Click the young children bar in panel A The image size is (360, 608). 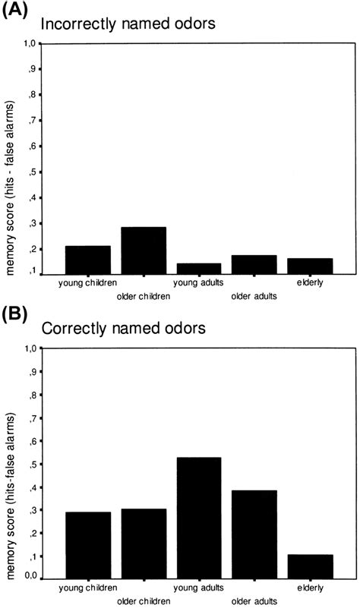click(87, 260)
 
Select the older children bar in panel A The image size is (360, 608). click(143, 250)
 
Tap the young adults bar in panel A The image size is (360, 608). click(198, 269)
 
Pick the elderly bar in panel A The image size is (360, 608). click(310, 266)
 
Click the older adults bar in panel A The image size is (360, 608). click(254, 265)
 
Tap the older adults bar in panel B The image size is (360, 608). click(254, 534)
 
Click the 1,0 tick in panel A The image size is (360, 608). click(28, 44)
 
